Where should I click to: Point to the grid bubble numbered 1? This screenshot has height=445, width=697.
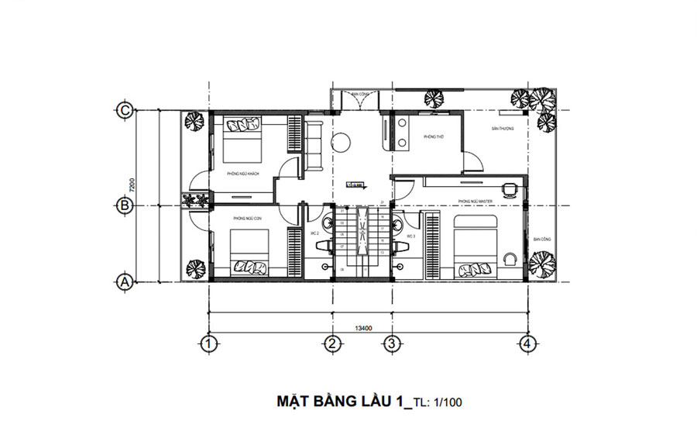coord(208,342)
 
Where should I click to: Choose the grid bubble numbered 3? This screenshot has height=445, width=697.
coord(392,342)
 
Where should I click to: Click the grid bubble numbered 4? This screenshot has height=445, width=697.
coord(527,342)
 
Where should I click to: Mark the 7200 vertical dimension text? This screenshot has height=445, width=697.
coord(132,185)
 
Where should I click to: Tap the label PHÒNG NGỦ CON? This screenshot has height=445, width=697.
coord(246,219)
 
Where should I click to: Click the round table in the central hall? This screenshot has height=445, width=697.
coord(342,142)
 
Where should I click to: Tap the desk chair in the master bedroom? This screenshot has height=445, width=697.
coord(509,188)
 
